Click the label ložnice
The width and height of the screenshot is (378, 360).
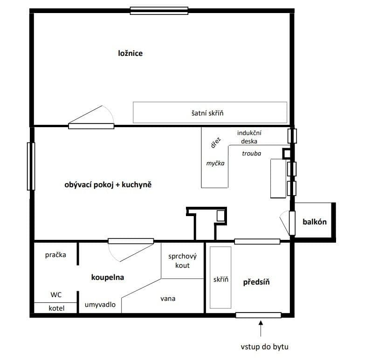click(x=130, y=53)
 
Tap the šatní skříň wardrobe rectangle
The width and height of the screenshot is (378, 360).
click(x=210, y=112)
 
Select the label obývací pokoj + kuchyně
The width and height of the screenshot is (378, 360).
click(x=108, y=185)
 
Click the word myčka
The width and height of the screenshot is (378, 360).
click(x=215, y=163)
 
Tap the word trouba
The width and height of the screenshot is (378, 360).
click(x=252, y=153)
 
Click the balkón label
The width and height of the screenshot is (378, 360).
click(x=314, y=222)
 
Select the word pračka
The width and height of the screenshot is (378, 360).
click(x=55, y=255)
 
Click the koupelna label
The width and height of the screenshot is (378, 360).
click(x=107, y=278)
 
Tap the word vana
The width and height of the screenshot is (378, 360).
click(x=167, y=299)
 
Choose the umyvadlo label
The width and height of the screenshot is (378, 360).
click(x=100, y=305)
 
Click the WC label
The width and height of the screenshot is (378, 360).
click(x=55, y=294)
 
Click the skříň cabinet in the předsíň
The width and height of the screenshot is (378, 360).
click(x=220, y=278)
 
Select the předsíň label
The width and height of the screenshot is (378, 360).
click(x=257, y=282)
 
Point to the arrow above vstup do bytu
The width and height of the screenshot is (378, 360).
click(x=261, y=328)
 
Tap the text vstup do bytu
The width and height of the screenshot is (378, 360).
click(x=261, y=346)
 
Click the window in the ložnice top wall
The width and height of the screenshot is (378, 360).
click(x=159, y=10)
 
